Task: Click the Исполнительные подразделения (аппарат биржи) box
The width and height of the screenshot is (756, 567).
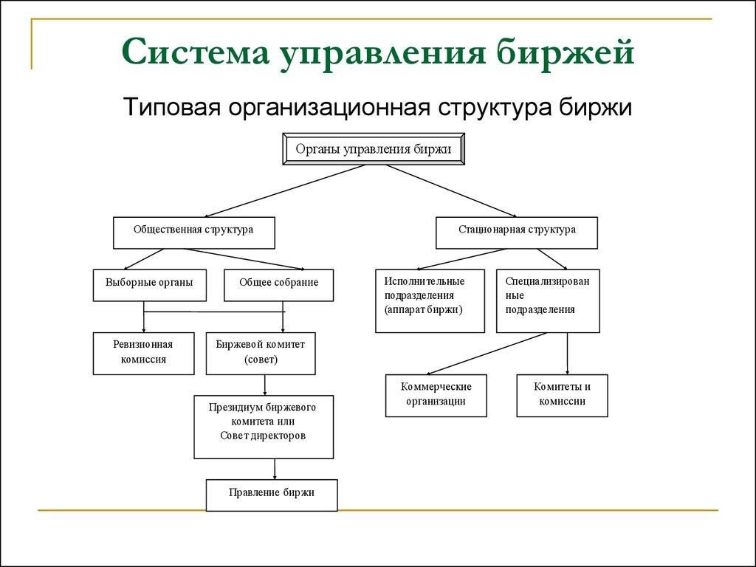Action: coord(430,300)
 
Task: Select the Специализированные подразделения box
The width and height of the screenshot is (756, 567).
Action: coord(548,300)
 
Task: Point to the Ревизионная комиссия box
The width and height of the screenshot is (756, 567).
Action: coord(143,353)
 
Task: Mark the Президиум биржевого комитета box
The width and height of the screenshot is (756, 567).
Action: coord(263,427)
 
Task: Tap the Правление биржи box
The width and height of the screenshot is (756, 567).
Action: coord(271,495)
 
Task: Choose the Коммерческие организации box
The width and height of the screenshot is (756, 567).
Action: coord(436,395)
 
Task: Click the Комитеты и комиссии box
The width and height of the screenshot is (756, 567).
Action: coord(562,395)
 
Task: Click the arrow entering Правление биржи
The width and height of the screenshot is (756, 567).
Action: coord(275,470)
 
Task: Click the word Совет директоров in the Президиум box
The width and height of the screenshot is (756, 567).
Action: coord(263,436)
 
